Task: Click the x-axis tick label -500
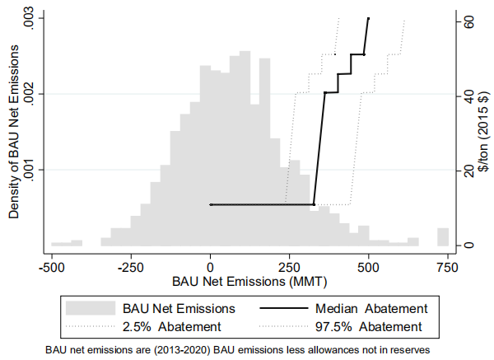click(x=52, y=268)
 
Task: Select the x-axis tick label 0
click(x=211, y=268)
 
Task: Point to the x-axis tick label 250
click(x=290, y=268)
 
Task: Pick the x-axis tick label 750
click(x=448, y=268)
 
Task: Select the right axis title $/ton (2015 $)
click(x=484, y=132)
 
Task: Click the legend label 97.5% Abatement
click(x=372, y=327)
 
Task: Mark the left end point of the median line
click(x=211, y=204)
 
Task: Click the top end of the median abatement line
click(x=369, y=17)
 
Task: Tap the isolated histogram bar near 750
click(x=443, y=236)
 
